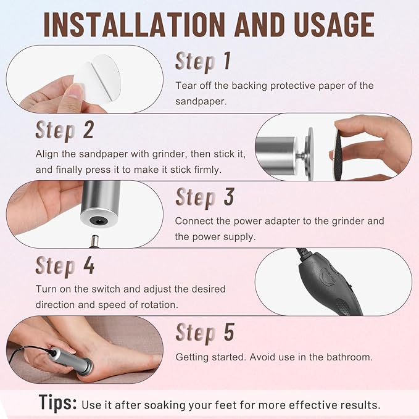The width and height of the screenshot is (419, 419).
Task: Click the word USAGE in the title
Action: (x=326, y=25)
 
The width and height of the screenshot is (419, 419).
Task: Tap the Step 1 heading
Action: (x=203, y=61)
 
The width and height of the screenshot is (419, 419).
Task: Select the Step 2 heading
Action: (x=65, y=131)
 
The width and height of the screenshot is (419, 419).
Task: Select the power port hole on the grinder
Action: (x=97, y=219)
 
